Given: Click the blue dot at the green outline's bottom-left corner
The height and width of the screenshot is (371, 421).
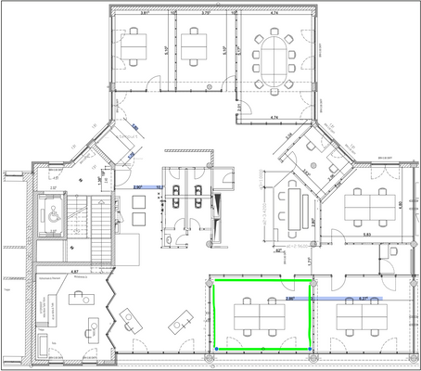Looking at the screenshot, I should coord(216,349).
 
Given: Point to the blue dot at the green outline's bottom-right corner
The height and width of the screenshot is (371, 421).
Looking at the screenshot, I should coord(309,349).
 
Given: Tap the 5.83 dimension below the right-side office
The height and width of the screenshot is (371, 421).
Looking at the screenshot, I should coord(367,235).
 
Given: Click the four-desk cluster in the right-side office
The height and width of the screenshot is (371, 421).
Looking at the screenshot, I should coord(370,205).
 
